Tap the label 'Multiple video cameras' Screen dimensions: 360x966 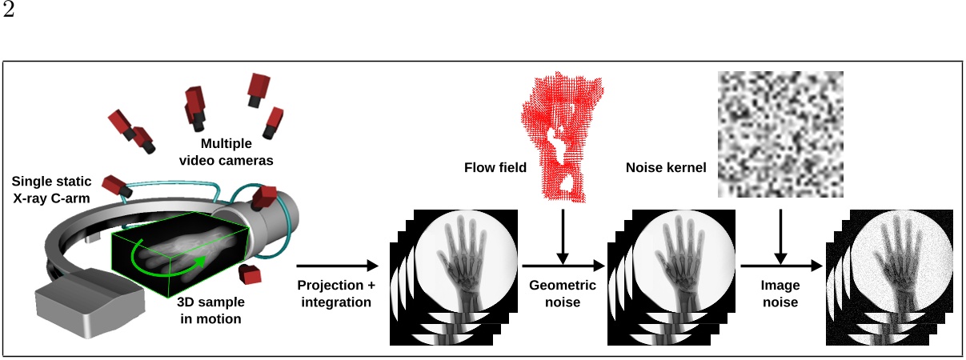(226, 152)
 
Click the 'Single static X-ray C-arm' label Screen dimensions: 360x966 (50, 189)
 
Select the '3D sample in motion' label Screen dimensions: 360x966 (209, 312)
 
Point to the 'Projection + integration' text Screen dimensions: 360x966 (335, 294)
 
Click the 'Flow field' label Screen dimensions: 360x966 (495, 168)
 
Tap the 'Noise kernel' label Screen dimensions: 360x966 (665, 168)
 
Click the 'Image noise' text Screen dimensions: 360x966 (780, 294)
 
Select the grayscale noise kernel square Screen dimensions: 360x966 (780, 134)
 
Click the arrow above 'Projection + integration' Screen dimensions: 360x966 (336, 266)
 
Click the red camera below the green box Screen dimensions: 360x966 (252, 274)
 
